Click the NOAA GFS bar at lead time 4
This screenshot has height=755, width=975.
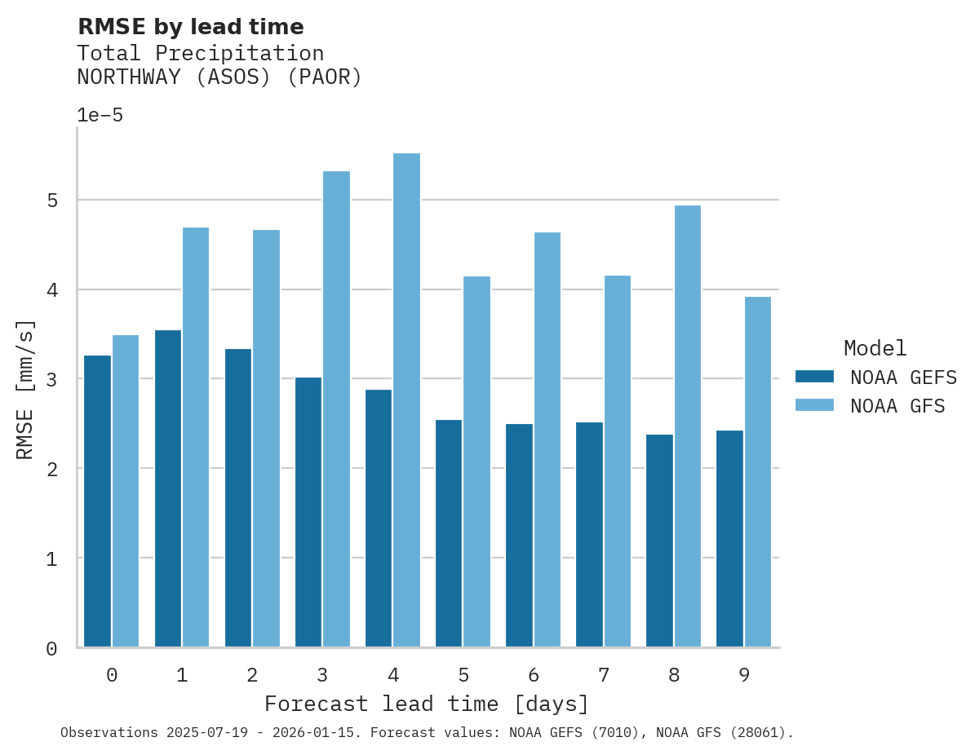406,400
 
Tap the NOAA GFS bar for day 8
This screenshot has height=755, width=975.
687,426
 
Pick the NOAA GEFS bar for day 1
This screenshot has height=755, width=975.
167,488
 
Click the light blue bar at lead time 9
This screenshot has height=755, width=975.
757,471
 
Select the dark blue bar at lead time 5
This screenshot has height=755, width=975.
449,533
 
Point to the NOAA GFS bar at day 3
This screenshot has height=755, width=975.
336,408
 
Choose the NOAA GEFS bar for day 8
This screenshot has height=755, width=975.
659,541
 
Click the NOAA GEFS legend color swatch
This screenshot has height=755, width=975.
814,377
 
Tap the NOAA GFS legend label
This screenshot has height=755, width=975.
897,406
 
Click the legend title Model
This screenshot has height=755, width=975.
875,348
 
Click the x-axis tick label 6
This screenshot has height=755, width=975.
534,675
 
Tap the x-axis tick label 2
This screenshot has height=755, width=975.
252,675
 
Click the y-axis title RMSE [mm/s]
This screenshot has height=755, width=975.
25,390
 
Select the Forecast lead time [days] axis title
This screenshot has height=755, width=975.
426,704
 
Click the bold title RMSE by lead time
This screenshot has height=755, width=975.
190,27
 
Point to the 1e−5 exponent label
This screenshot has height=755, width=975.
100,115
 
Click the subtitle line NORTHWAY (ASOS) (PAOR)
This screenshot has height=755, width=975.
219,77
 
